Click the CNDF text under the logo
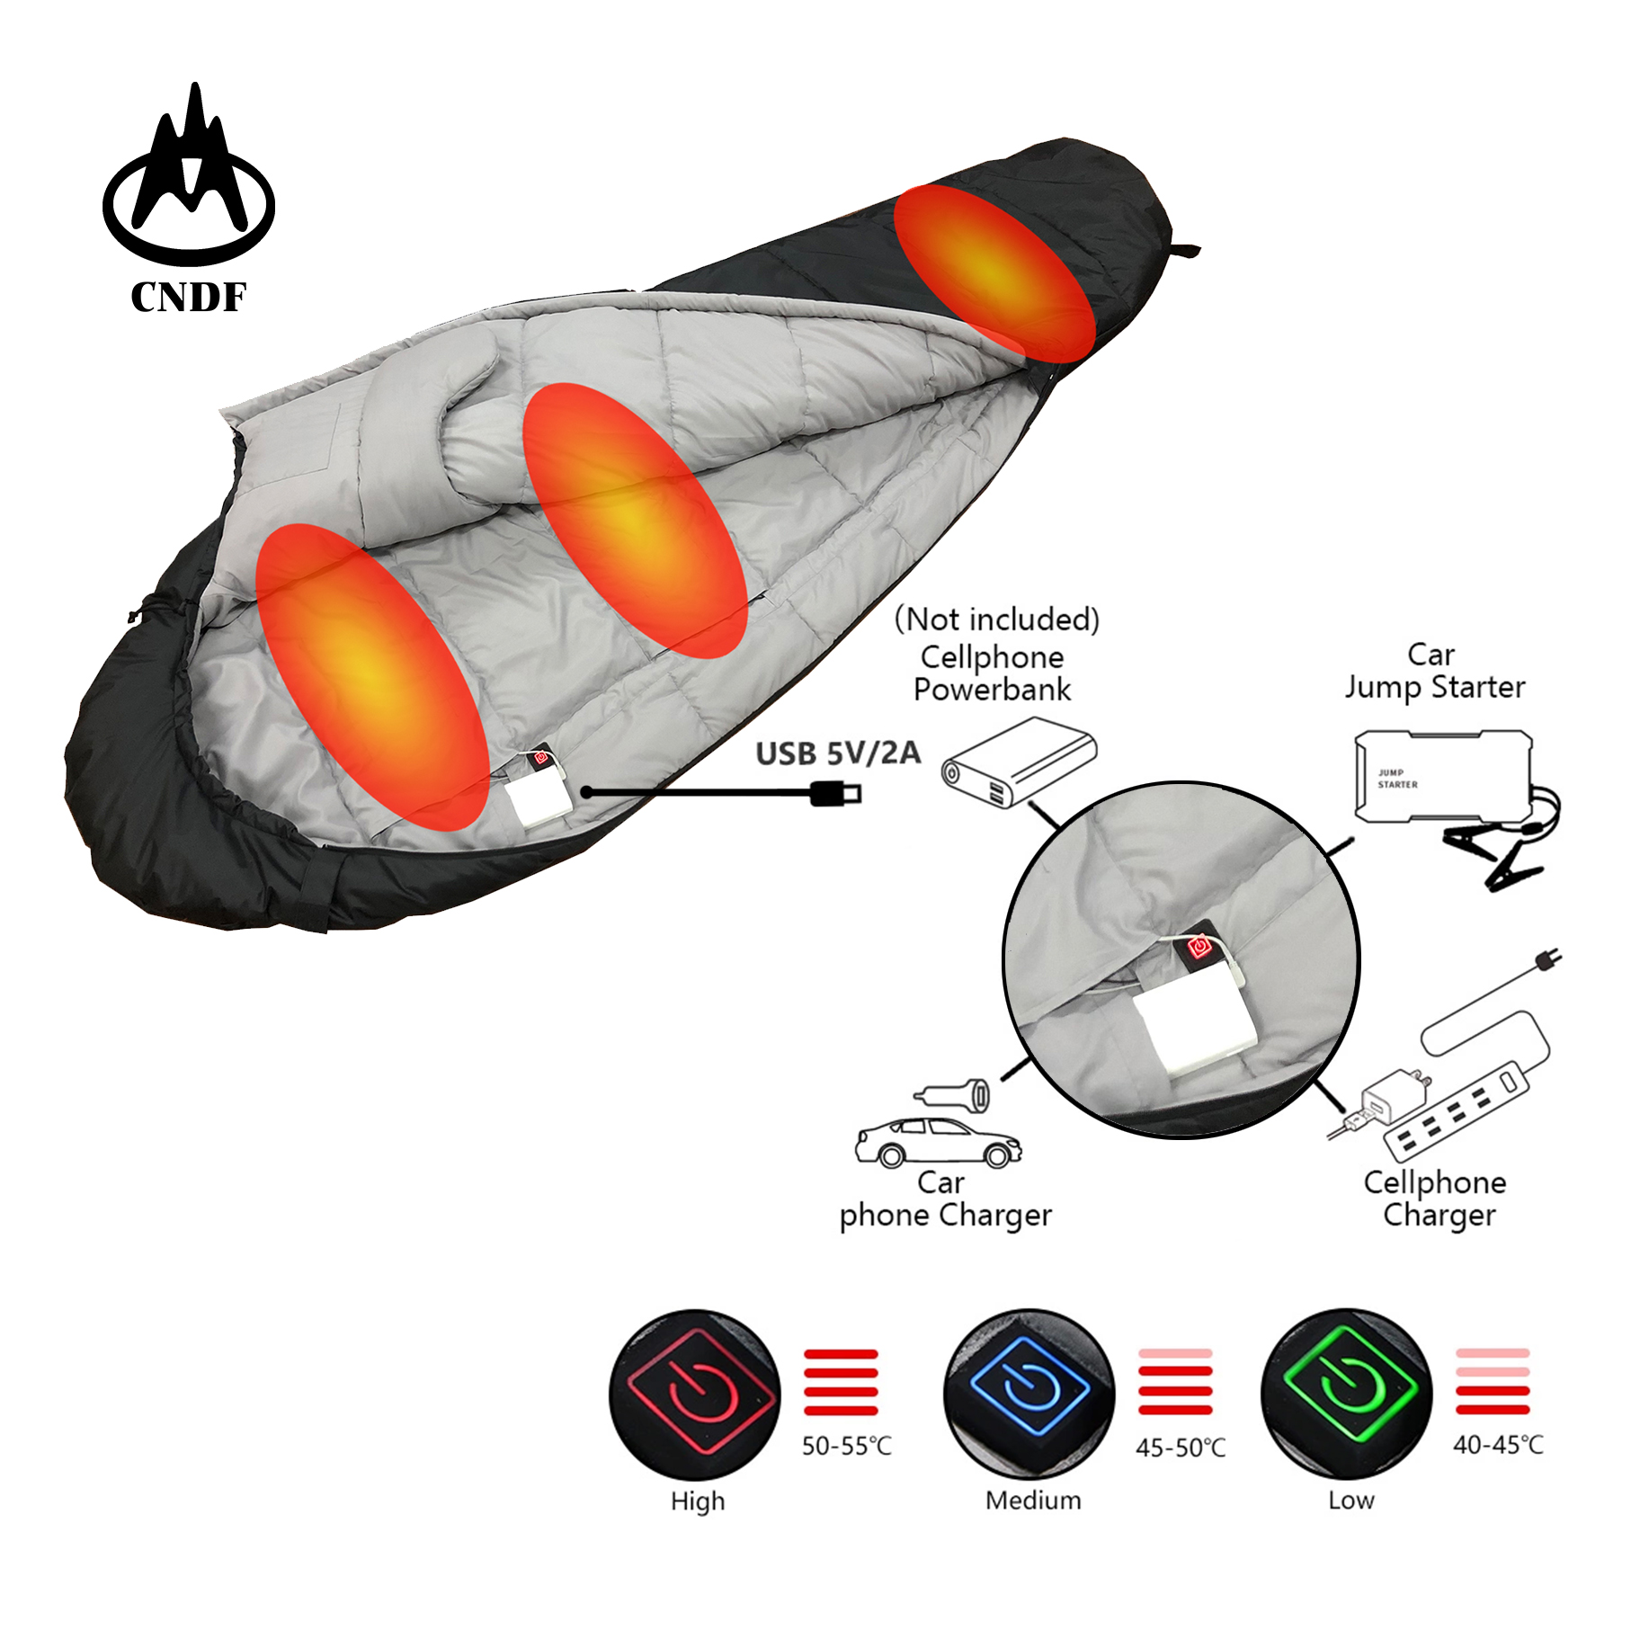point(188,297)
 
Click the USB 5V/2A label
point(837,753)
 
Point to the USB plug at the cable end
point(837,793)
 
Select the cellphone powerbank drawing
point(1019,762)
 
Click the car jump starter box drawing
point(1442,776)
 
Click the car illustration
point(938,1142)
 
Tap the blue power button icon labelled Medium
point(1029,1394)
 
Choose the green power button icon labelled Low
point(1346,1394)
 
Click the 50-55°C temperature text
point(846,1446)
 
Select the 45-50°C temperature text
point(1180,1448)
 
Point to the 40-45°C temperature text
point(1498,1445)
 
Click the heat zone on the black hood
point(994,272)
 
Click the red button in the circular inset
point(1199,946)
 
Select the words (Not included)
point(996,619)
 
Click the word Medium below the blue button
point(1033,1500)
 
